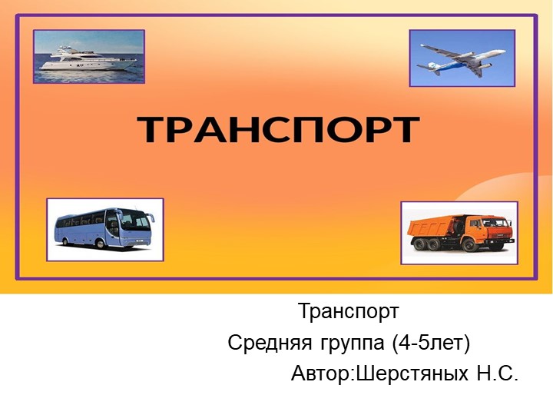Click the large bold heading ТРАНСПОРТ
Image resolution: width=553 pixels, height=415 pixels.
click(278, 130)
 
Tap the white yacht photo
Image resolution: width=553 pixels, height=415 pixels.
click(89, 56)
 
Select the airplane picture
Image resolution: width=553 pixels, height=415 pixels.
click(462, 58)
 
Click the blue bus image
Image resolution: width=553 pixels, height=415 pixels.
click(104, 229)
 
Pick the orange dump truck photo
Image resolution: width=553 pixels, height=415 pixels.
click(459, 233)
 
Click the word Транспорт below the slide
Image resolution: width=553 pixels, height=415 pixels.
click(348, 312)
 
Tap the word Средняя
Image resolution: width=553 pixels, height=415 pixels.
click(266, 343)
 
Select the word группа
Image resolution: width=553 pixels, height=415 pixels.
click(347, 343)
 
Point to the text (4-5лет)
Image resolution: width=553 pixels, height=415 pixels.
click(431, 343)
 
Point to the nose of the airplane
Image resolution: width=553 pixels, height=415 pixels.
click(505, 51)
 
